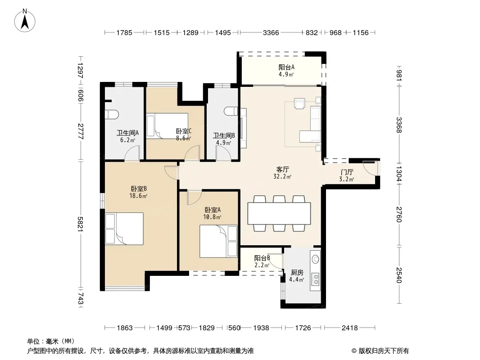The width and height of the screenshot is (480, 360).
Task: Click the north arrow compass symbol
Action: point(25,21)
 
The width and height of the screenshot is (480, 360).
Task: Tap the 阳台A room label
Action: point(286,67)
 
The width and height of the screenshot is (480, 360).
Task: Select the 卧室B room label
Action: point(139,189)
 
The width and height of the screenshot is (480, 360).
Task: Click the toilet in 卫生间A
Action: point(112,114)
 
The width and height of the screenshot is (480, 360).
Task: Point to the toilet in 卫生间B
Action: point(231,111)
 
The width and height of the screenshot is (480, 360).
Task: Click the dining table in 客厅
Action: point(279,213)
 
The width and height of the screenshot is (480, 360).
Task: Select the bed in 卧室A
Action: point(218,241)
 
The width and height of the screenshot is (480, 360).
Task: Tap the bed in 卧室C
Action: point(167,126)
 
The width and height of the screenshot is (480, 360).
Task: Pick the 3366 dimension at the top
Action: point(271,32)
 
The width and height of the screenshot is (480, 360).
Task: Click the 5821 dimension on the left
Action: point(80,224)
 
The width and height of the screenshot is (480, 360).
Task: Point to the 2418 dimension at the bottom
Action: point(349,328)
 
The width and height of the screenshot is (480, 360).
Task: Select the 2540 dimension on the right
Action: point(399,275)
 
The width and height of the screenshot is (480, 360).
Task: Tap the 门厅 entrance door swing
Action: point(370,167)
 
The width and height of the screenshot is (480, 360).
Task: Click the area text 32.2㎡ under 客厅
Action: point(282,176)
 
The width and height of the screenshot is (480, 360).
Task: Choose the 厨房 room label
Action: point(297,272)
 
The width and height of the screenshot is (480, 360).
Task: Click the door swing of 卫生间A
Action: point(132,153)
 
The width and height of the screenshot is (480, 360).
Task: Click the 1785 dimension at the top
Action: point(124,32)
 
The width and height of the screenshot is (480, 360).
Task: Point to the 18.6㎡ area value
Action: point(138,196)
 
